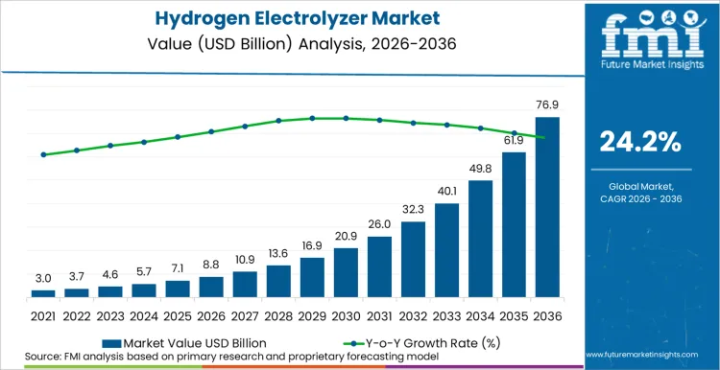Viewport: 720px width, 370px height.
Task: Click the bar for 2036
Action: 547,206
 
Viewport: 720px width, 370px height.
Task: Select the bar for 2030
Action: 346,272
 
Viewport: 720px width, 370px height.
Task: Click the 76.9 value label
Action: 547,106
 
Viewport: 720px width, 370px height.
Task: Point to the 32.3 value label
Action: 413,209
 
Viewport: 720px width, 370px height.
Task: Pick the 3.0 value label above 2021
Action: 43,279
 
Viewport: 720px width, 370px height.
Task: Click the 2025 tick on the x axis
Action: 178,314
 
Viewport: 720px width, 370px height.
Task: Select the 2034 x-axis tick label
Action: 480,314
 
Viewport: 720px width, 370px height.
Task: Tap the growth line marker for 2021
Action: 43,154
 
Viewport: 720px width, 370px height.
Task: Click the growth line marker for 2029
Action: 312,118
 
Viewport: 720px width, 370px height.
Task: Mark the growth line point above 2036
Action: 547,138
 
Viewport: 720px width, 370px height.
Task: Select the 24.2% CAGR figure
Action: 640,142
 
